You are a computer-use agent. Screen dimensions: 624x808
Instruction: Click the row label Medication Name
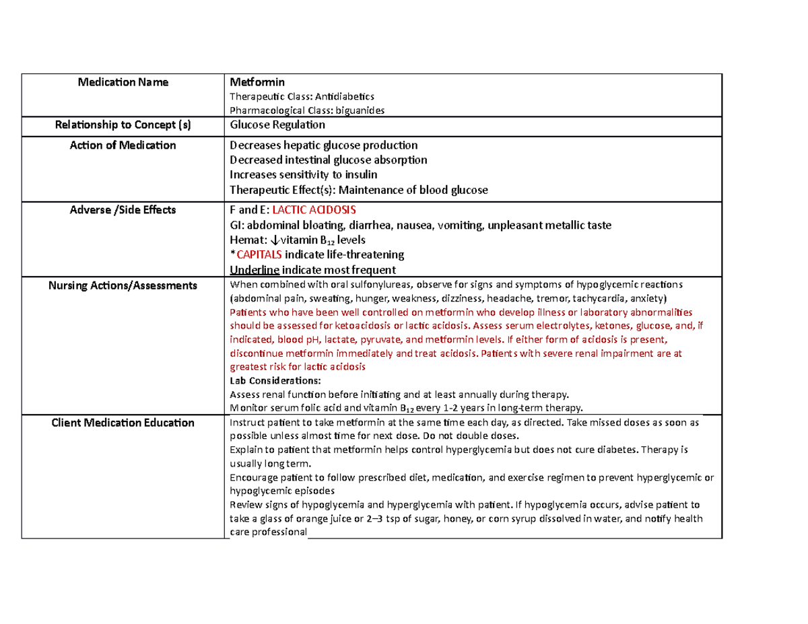(x=123, y=83)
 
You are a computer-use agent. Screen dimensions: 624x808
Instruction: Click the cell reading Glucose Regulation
(x=277, y=125)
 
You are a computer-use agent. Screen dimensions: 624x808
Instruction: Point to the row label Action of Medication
(x=123, y=145)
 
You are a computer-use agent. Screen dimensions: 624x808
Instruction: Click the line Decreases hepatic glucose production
(x=323, y=145)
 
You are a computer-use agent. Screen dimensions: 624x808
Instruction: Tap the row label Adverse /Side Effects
(x=123, y=210)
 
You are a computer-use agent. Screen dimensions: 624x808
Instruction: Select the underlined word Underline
(x=255, y=269)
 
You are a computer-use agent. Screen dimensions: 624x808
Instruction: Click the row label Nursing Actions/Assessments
(x=123, y=286)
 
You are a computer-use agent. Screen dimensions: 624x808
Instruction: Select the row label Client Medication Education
(x=123, y=423)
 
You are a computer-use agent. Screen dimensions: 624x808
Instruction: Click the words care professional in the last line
(x=269, y=532)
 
